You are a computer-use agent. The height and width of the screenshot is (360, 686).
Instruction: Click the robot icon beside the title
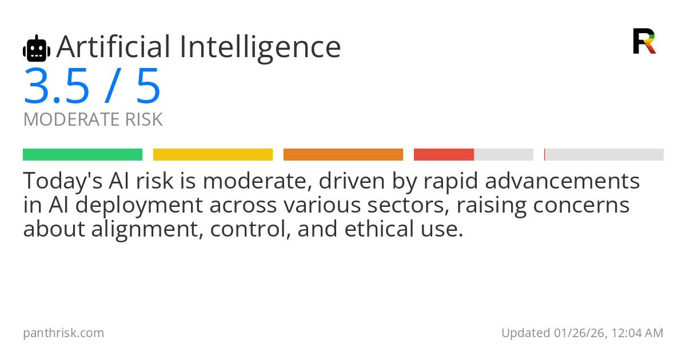tap(37, 48)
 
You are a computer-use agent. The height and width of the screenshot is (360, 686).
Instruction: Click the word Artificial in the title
tap(113, 47)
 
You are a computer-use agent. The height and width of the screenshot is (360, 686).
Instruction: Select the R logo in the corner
tap(644, 41)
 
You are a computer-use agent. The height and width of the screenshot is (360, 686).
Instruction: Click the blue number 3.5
tap(57, 87)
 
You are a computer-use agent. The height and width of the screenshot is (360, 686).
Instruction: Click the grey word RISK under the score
tap(144, 119)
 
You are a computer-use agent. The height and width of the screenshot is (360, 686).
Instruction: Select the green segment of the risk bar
tap(83, 155)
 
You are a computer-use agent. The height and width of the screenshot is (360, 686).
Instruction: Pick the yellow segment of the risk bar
tap(213, 155)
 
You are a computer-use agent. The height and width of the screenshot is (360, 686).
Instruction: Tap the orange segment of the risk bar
tap(343, 155)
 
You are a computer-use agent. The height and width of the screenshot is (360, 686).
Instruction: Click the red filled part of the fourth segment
tap(444, 155)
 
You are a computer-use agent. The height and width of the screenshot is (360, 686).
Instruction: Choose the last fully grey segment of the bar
tap(604, 155)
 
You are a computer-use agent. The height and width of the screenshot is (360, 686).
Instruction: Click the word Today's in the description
tap(63, 181)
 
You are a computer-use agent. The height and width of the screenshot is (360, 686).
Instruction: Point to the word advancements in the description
tap(563, 181)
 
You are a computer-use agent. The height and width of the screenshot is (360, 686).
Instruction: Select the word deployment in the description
tap(139, 206)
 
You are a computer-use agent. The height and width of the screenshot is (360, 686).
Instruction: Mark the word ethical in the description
tap(379, 229)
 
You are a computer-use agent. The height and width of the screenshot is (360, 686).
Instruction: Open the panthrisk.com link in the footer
tap(63, 333)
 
